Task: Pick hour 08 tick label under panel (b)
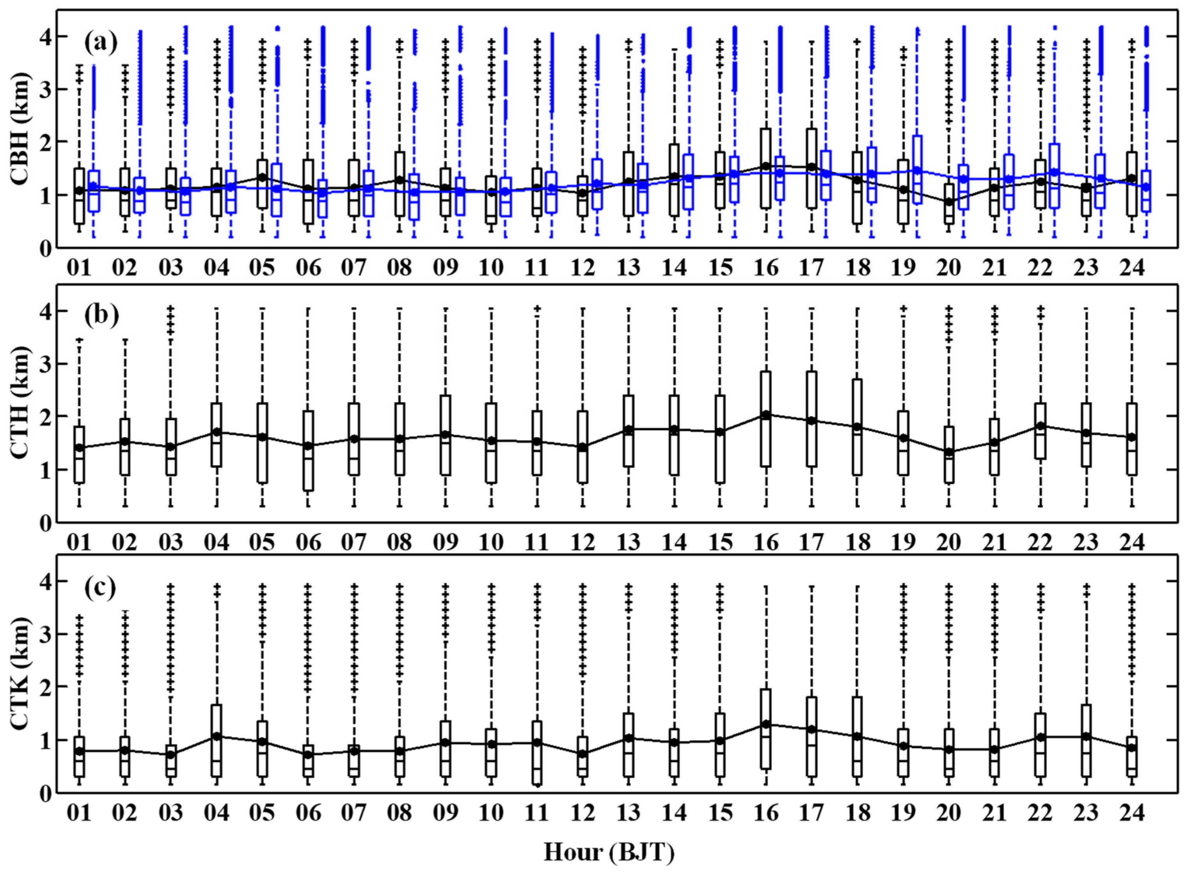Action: (x=400, y=543)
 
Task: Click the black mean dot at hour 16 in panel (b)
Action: (x=766, y=415)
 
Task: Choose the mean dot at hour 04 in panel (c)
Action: (x=217, y=736)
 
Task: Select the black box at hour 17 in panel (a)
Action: (x=812, y=168)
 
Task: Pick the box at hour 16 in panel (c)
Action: (x=766, y=728)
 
